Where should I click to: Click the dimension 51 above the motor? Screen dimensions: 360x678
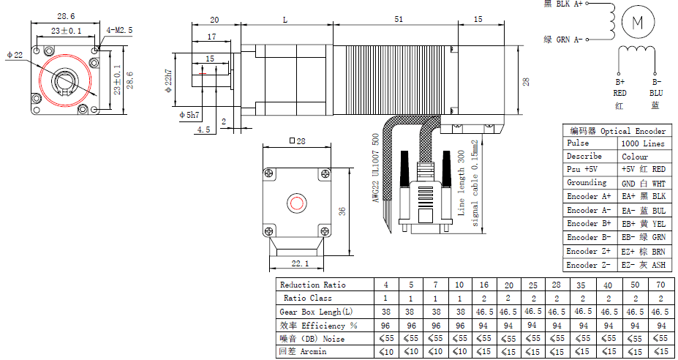point(399,20)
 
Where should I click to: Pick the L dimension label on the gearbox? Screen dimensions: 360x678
point(285,20)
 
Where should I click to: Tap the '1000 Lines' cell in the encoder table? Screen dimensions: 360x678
point(643,143)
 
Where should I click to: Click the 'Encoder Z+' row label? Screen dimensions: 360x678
point(589,251)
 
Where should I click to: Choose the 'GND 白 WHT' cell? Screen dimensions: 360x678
point(643,184)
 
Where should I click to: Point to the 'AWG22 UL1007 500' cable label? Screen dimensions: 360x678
point(376,167)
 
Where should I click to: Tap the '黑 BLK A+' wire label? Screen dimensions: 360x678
point(563,4)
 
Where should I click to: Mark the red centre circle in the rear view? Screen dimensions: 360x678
point(296,202)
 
